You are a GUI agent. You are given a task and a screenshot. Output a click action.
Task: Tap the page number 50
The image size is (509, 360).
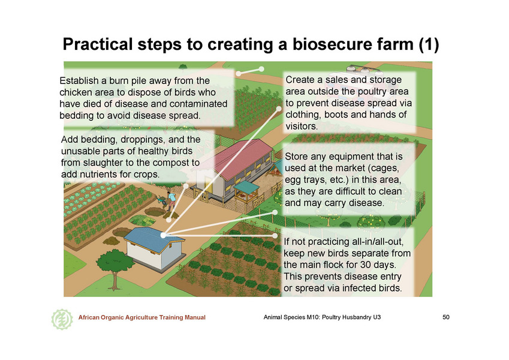tap(446, 317)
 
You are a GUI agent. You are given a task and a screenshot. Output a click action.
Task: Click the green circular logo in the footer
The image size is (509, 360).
tap(62, 319)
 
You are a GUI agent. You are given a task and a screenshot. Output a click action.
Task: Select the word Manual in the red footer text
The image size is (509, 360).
tap(195, 317)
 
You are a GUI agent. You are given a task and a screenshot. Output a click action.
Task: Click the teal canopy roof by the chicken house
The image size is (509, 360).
tap(246, 187)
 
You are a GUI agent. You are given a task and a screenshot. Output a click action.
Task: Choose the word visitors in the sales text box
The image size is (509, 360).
tap(302, 127)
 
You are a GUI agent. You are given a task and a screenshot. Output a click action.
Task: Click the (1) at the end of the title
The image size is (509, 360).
tap(429, 44)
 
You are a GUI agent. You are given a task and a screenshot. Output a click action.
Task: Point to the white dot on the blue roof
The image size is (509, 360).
tap(163, 235)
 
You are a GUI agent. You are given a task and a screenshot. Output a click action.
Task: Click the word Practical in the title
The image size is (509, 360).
tap(98, 44)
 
